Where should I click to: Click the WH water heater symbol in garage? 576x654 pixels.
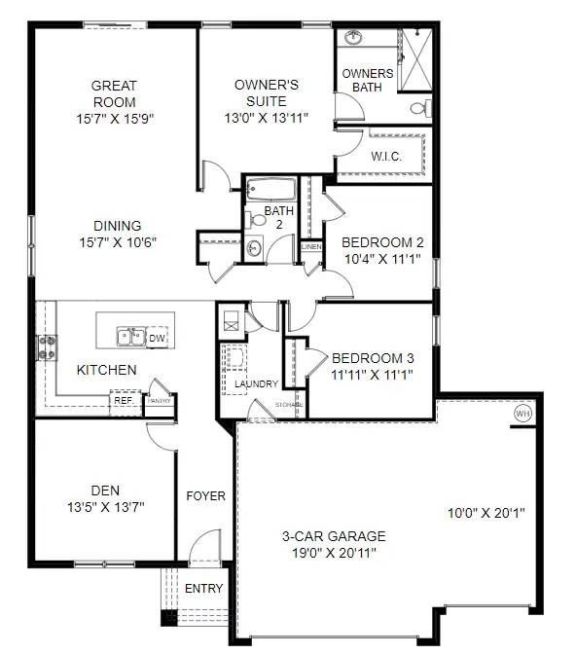(522, 413)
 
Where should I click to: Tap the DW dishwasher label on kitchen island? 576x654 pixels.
(157, 338)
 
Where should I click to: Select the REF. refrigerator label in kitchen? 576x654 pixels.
(124, 399)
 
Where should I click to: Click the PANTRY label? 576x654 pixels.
(160, 400)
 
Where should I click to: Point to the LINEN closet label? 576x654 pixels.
(311, 247)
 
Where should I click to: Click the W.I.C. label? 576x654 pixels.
(386, 156)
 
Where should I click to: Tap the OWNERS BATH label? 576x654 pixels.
(368, 80)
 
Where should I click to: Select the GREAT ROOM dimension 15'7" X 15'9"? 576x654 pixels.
(114, 118)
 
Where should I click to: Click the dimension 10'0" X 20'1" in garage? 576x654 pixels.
(486, 512)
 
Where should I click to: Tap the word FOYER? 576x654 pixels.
(206, 495)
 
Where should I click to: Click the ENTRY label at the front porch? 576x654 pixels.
(203, 588)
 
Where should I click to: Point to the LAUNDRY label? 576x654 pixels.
(257, 384)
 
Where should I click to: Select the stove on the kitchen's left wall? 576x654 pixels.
(46, 345)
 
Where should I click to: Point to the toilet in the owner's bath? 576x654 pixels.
(419, 108)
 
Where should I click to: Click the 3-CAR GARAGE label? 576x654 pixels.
(334, 536)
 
